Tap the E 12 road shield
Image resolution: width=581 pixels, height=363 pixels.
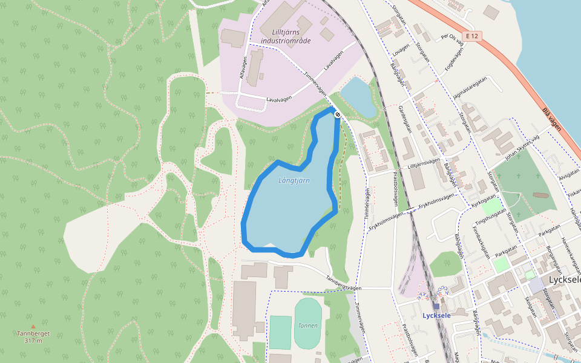473,36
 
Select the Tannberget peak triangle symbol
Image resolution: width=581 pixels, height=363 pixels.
33,327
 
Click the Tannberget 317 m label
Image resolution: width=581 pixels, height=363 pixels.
33,337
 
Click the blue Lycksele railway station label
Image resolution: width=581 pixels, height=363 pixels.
436,315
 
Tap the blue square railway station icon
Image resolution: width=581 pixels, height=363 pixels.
436,306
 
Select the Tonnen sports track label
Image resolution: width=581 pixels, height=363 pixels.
307,325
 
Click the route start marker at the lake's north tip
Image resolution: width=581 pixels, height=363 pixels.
337,114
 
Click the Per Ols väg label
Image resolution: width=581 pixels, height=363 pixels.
451,38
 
